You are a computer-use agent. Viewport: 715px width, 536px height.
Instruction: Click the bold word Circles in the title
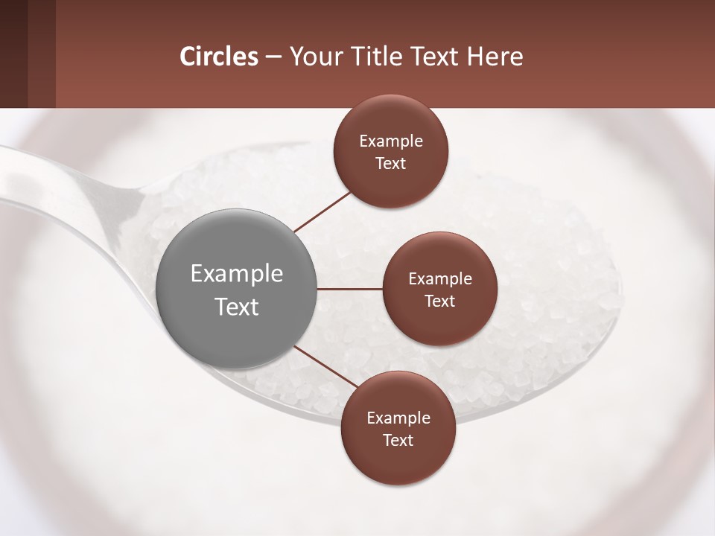pos(219,57)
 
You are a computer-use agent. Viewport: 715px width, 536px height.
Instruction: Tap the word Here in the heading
pos(495,57)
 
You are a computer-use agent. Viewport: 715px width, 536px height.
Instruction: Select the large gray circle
pos(236,289)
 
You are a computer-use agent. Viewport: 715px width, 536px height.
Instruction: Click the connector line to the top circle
pos(322,211)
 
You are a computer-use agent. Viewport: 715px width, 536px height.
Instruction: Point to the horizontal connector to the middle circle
pos(349,289)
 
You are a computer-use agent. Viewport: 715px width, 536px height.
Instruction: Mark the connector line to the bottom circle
pos(325,366)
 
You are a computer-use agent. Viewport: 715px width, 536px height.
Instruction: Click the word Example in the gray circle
pos(236,274)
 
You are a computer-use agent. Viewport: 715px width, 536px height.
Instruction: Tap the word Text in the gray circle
pos(236,307)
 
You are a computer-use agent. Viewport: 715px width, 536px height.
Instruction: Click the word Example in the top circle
pos(390,141)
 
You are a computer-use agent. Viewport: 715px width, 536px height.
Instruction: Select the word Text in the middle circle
pos(439,301)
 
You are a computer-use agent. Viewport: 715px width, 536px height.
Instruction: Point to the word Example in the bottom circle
pos(398,418)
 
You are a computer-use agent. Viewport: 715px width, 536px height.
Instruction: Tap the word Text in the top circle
pos(390,164)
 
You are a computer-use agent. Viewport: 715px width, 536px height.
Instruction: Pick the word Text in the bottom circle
pos(398,441)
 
